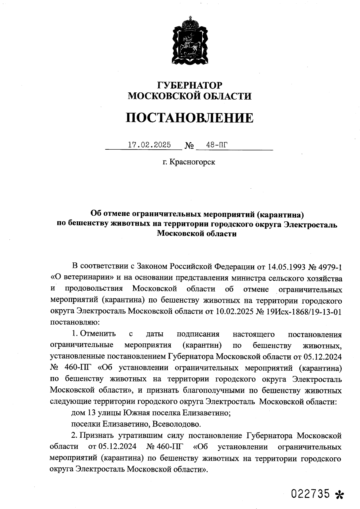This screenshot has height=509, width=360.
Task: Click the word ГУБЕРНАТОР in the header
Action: [x=190, y=85]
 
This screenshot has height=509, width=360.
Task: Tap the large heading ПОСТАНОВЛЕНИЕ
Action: [x=189, y=118]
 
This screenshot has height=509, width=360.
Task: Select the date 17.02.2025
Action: [x=149, y=145]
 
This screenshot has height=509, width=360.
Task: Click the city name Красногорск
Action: [x=192, y=162]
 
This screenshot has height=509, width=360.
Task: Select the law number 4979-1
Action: [x=329, y=266]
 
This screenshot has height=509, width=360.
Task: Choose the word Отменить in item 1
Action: [x=98, y=334]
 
